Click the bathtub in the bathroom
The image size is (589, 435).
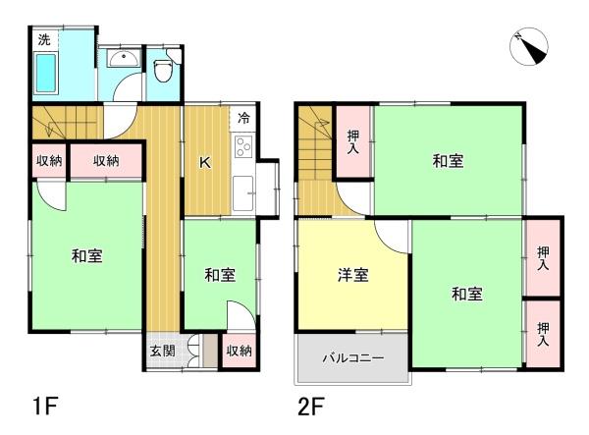coord(46,74)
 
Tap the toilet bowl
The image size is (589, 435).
coord(163,71)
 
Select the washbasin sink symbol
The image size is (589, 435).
coord(124,58)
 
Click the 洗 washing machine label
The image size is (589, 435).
coord(44,39)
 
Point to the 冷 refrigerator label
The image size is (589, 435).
coord(243,118)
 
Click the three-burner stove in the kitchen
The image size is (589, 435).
coord(243,147)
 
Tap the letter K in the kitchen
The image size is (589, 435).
coord(205,162)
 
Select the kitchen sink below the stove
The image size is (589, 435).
coord(243,193)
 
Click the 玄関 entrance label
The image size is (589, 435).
coord(162,351)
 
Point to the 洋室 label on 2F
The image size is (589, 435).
coord(352,275)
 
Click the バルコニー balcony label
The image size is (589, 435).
coord(353,357)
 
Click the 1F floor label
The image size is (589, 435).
coord(45,406)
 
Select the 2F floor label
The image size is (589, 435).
coord(311,406)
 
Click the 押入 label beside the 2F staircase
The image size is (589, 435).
coord(353,141)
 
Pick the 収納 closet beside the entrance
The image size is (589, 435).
coord(239,351)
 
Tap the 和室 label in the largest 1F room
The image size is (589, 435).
coord(86,256)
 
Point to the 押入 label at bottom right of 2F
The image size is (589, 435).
coord(543,334)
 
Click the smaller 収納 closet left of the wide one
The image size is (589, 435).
coord(49,161)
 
